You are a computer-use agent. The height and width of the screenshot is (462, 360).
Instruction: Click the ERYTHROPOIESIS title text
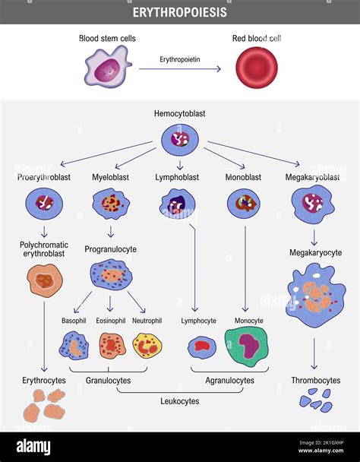click(x=179, y=12)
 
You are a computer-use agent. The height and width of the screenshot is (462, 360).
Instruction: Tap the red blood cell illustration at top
click(x=256, y=68)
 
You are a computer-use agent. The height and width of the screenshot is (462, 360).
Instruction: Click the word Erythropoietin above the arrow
click(x=180, y=59)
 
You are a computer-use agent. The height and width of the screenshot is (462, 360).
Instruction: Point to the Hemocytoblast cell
click(x=180, y=139)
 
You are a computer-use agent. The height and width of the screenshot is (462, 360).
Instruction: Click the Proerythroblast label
click(x=44, y=177)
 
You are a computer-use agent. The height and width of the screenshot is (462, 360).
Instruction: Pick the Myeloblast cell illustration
click(x=111, y=204)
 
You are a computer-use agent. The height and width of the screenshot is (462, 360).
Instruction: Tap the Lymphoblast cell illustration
click(x=178, y=203)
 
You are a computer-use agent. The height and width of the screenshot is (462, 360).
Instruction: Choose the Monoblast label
click(x=243, y=177)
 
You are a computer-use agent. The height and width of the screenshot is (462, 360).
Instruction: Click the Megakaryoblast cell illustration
click(x=312, y=203)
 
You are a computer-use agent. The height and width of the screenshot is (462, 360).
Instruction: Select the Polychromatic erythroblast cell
click(x=45, y=280)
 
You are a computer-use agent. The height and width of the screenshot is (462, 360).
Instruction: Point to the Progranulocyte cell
click(x=111, y=275)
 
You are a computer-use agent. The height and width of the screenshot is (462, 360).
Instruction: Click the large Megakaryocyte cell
click(x=314, y=296)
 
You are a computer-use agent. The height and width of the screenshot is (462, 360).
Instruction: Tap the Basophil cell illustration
click(x=74, y=346)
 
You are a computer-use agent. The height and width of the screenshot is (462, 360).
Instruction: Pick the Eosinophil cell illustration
click(x=112, y=346)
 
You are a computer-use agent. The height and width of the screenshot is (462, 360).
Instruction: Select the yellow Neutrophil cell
click(x=147, y=346)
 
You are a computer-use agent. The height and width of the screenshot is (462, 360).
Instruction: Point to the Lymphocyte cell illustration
click(x=202, y=347)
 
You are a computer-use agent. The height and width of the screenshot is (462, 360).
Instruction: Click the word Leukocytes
click(x=180, y=401)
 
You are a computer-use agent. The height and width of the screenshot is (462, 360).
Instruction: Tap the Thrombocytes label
click(x=315, y=380)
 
